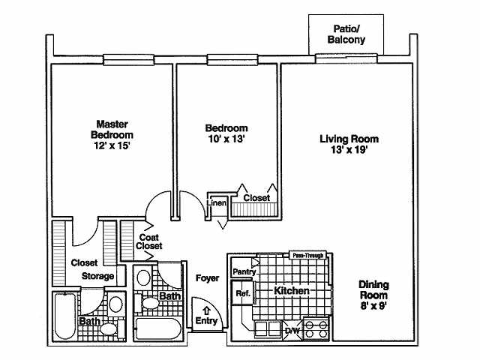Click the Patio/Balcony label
[349, 34]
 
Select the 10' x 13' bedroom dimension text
[226, 139]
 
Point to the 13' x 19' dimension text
[349, 150]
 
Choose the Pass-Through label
[307, 256]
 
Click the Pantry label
[244, 271]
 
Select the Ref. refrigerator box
[243, 293]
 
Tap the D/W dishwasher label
[292, 329]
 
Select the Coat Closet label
[149, 241]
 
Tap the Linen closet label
[217, 202]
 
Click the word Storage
[98, 276]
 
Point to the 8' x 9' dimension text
[373, 305]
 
